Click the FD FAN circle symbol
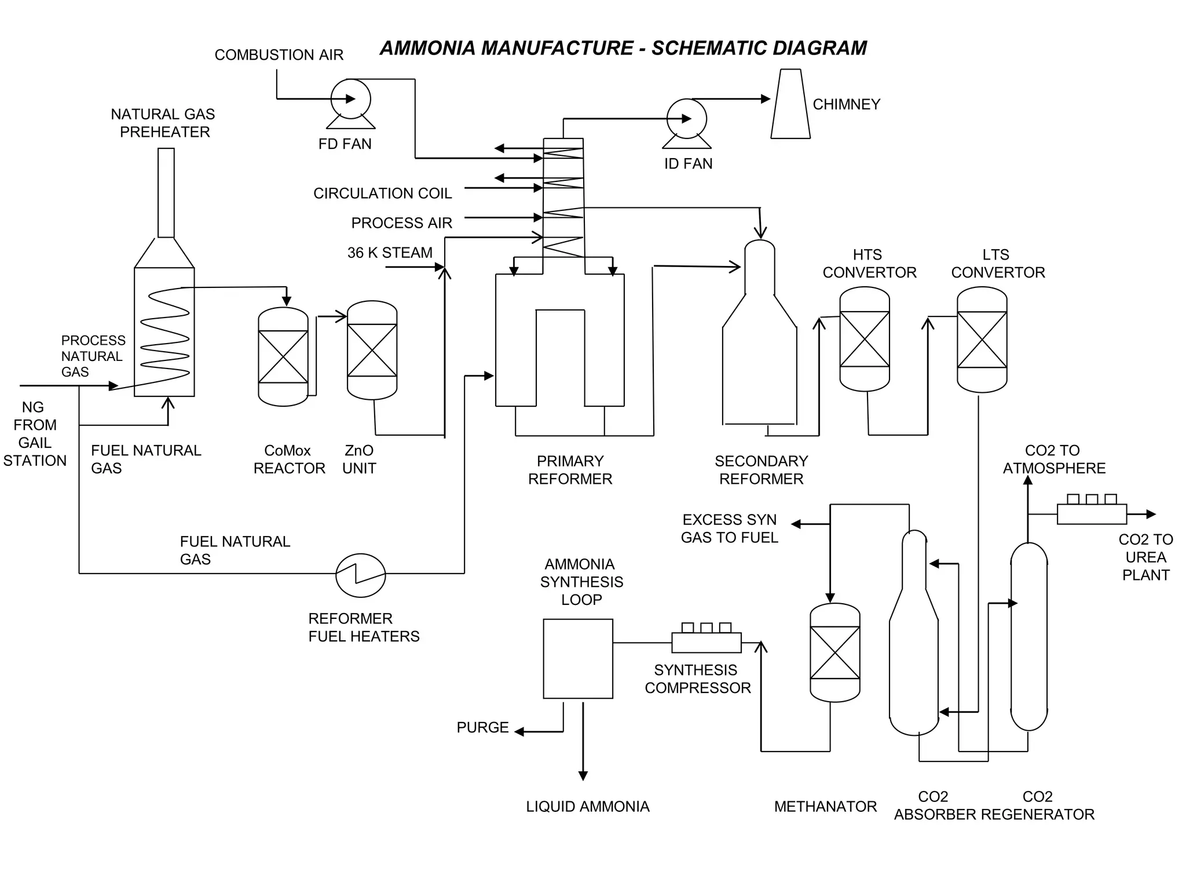[x=350, y=99]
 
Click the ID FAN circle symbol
[x=687, y=119]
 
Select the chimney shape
[x=790, y=104]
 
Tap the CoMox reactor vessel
[x=283, y=356]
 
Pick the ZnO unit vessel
[x=372, y=350]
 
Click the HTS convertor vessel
[x=865, y=339]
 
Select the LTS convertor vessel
[x=982, y=340]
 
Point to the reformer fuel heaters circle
[x=361, y=575]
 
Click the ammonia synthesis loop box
[x=578, y=659]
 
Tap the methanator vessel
[x=835, y=652]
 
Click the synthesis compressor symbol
[x=707, y=642]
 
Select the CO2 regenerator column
[x=1029, y=636]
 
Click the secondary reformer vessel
[x=759, y=342]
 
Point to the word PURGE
[x=482, y=728]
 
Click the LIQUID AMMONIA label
[x=588, y=807]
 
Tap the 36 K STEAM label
[x=390, y=253]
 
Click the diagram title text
[x=623, y=48]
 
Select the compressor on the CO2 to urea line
[x=1092, y=513]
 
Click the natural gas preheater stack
[x=166, y=193]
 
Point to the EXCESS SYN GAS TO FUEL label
[x=729, y=528]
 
